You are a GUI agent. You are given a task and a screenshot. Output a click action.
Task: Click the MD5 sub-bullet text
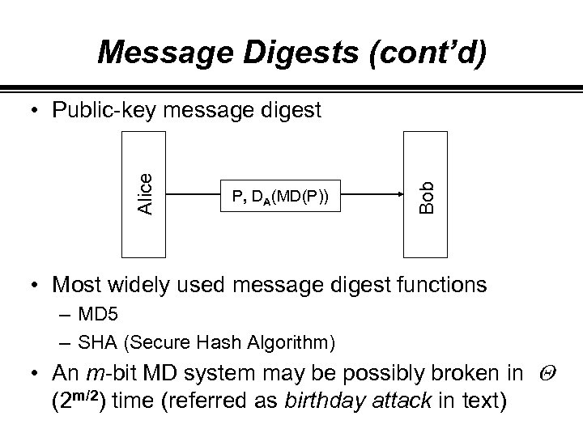(90, 312)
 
